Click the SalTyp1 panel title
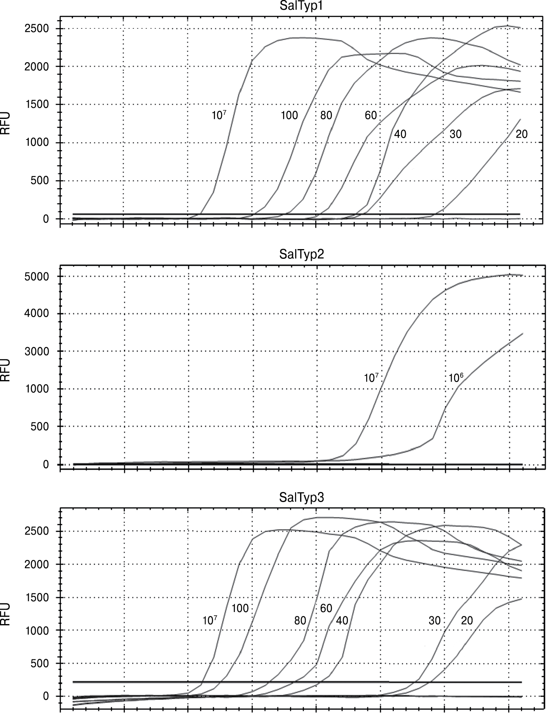pyautogui.click(x=301, y=6)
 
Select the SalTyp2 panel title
pyautogui.click(x=301, y=254)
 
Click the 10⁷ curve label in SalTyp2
pyautogui.click(x=371, y=378)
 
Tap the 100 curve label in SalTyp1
pyautogui.click(x=289, y=115)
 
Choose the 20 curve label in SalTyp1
pyautogui.click(x=521, y=134)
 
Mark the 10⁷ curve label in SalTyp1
pyautogui.click(x=219, y=115)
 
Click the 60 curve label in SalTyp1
pyautogui.click(x=370, y=115)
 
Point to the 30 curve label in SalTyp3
pyautogui.click(x=435, y=621)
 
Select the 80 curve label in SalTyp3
pyautogui.click(x=300, y=621)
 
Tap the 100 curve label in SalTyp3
pyautogui.click(x=240, y=608)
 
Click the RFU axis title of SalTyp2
pyautogui.click(x=5, y=370)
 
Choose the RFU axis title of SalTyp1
pyautogui.click(x=5, y=123)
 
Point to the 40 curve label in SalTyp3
pyautogui.click(x=342, y=621)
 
